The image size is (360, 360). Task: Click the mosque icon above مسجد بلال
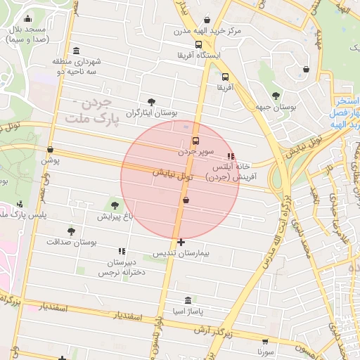coord(27,19)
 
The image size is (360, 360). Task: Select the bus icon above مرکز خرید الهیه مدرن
coord(204,20)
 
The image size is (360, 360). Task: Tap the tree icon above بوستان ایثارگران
coord(151,102)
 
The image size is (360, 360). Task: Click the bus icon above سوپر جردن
coord(195,139)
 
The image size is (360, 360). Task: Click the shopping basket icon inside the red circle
coord(186,200)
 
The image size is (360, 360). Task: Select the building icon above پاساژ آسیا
coord(188,300)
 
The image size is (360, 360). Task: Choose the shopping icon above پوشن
coord(50,149)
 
